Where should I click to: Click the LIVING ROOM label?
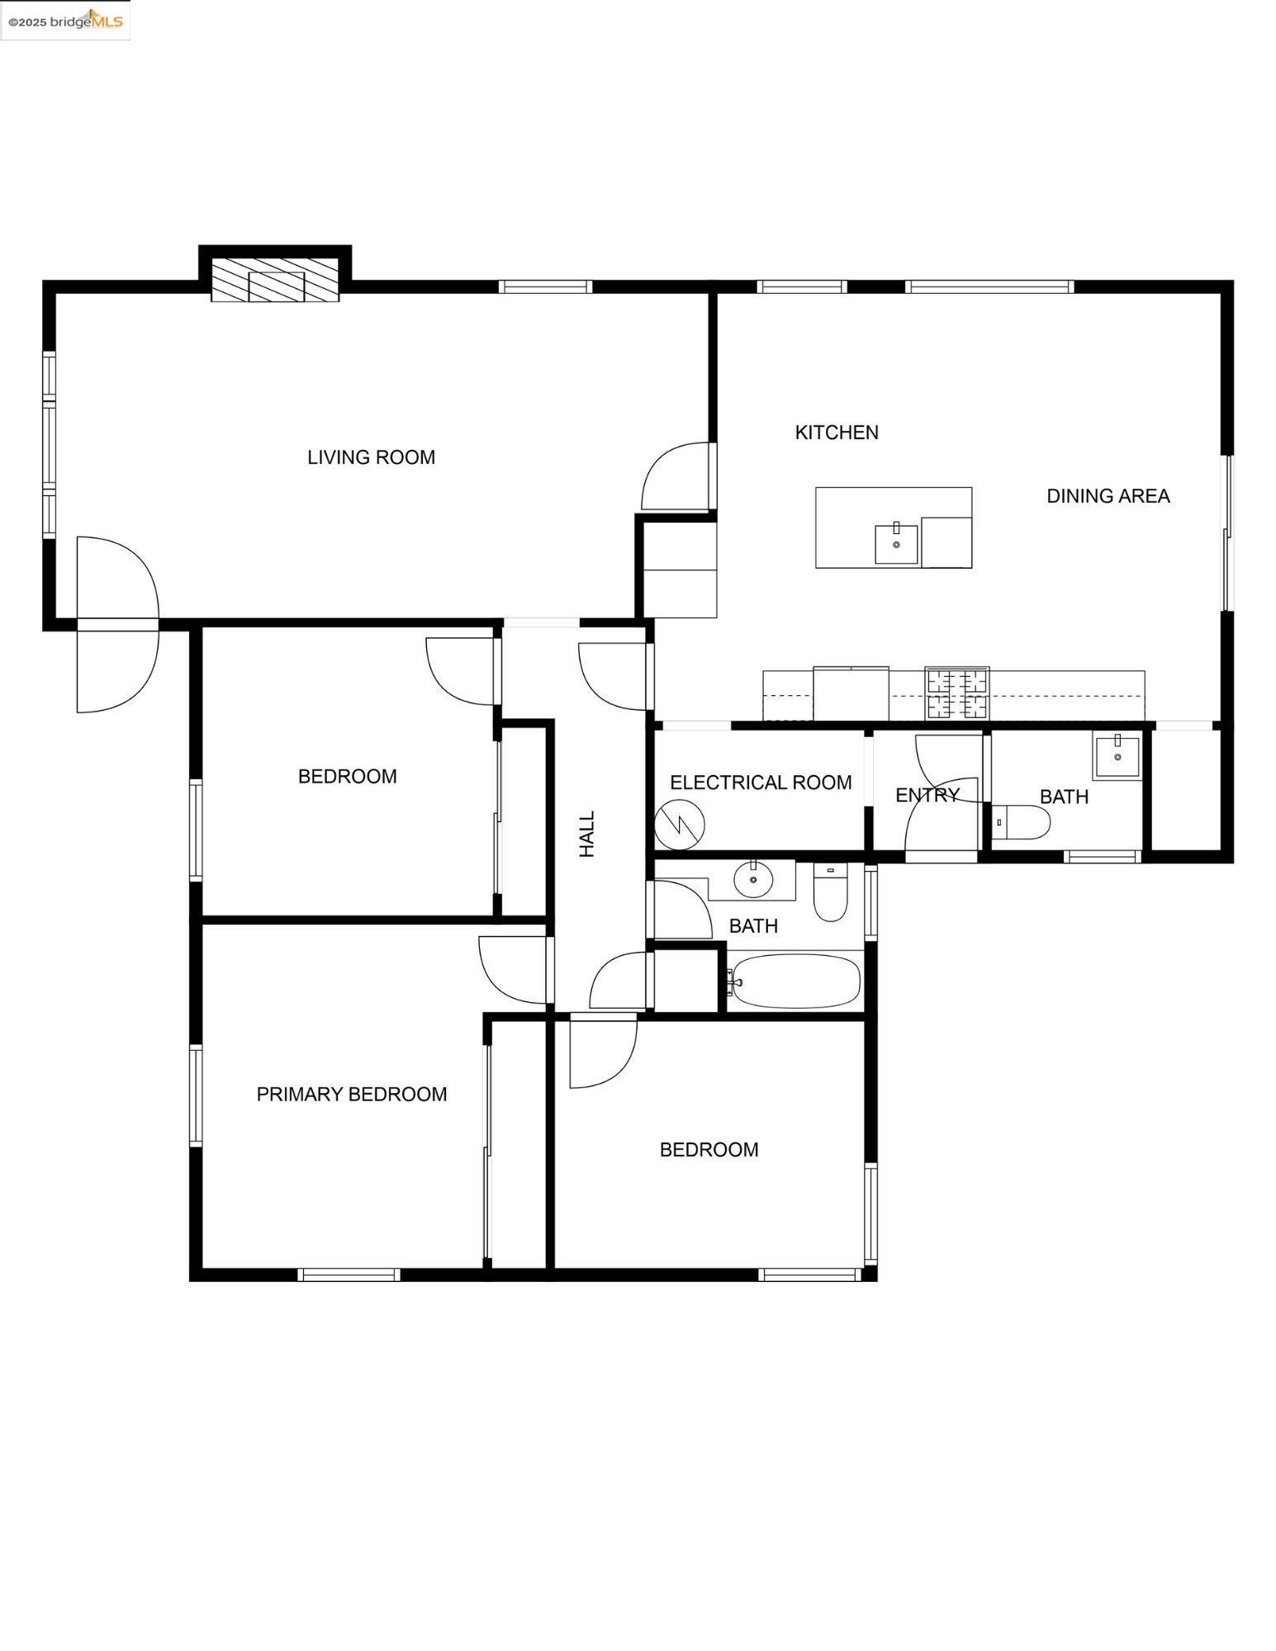pos(371,457)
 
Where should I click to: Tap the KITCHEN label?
pos(836,433)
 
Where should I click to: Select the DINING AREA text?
pos(1108,496)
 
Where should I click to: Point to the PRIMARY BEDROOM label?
pos(351,1095)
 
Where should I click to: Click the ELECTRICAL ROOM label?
pos(760,783)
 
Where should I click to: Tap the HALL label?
pos(587,834)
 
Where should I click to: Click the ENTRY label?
pos(927,795)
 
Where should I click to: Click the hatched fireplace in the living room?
pos(275,281)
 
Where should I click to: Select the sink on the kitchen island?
pos(896,544)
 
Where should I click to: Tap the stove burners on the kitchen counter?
pos(956,693)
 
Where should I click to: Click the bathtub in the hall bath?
pos(795,982)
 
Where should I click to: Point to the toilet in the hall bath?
pos(830,892)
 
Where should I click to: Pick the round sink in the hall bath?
pos(752,879)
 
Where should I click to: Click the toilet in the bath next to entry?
pos(1021,822)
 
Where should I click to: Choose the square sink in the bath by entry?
pos(1117,755)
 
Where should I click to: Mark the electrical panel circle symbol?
pos(680,824)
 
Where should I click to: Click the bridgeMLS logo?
pos(65,21)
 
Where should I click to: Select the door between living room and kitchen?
pos(677,477)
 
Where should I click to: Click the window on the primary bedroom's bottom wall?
pos(349,1275)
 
